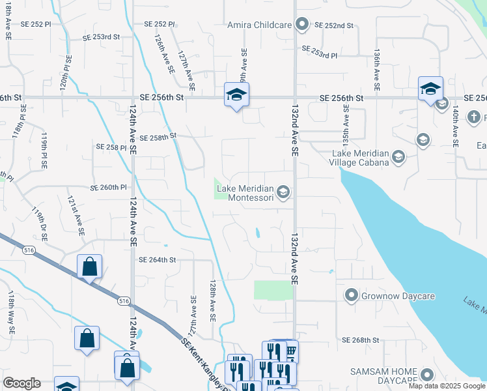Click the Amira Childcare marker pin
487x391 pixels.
coord(301,25)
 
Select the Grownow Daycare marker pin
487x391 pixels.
coord(352,296)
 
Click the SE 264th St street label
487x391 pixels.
coord(158,260)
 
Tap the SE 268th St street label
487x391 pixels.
coord(361,340)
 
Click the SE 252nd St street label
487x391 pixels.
coord(334,25)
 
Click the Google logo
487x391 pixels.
coord(21,383)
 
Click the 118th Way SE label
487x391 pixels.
coord(11,313)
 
